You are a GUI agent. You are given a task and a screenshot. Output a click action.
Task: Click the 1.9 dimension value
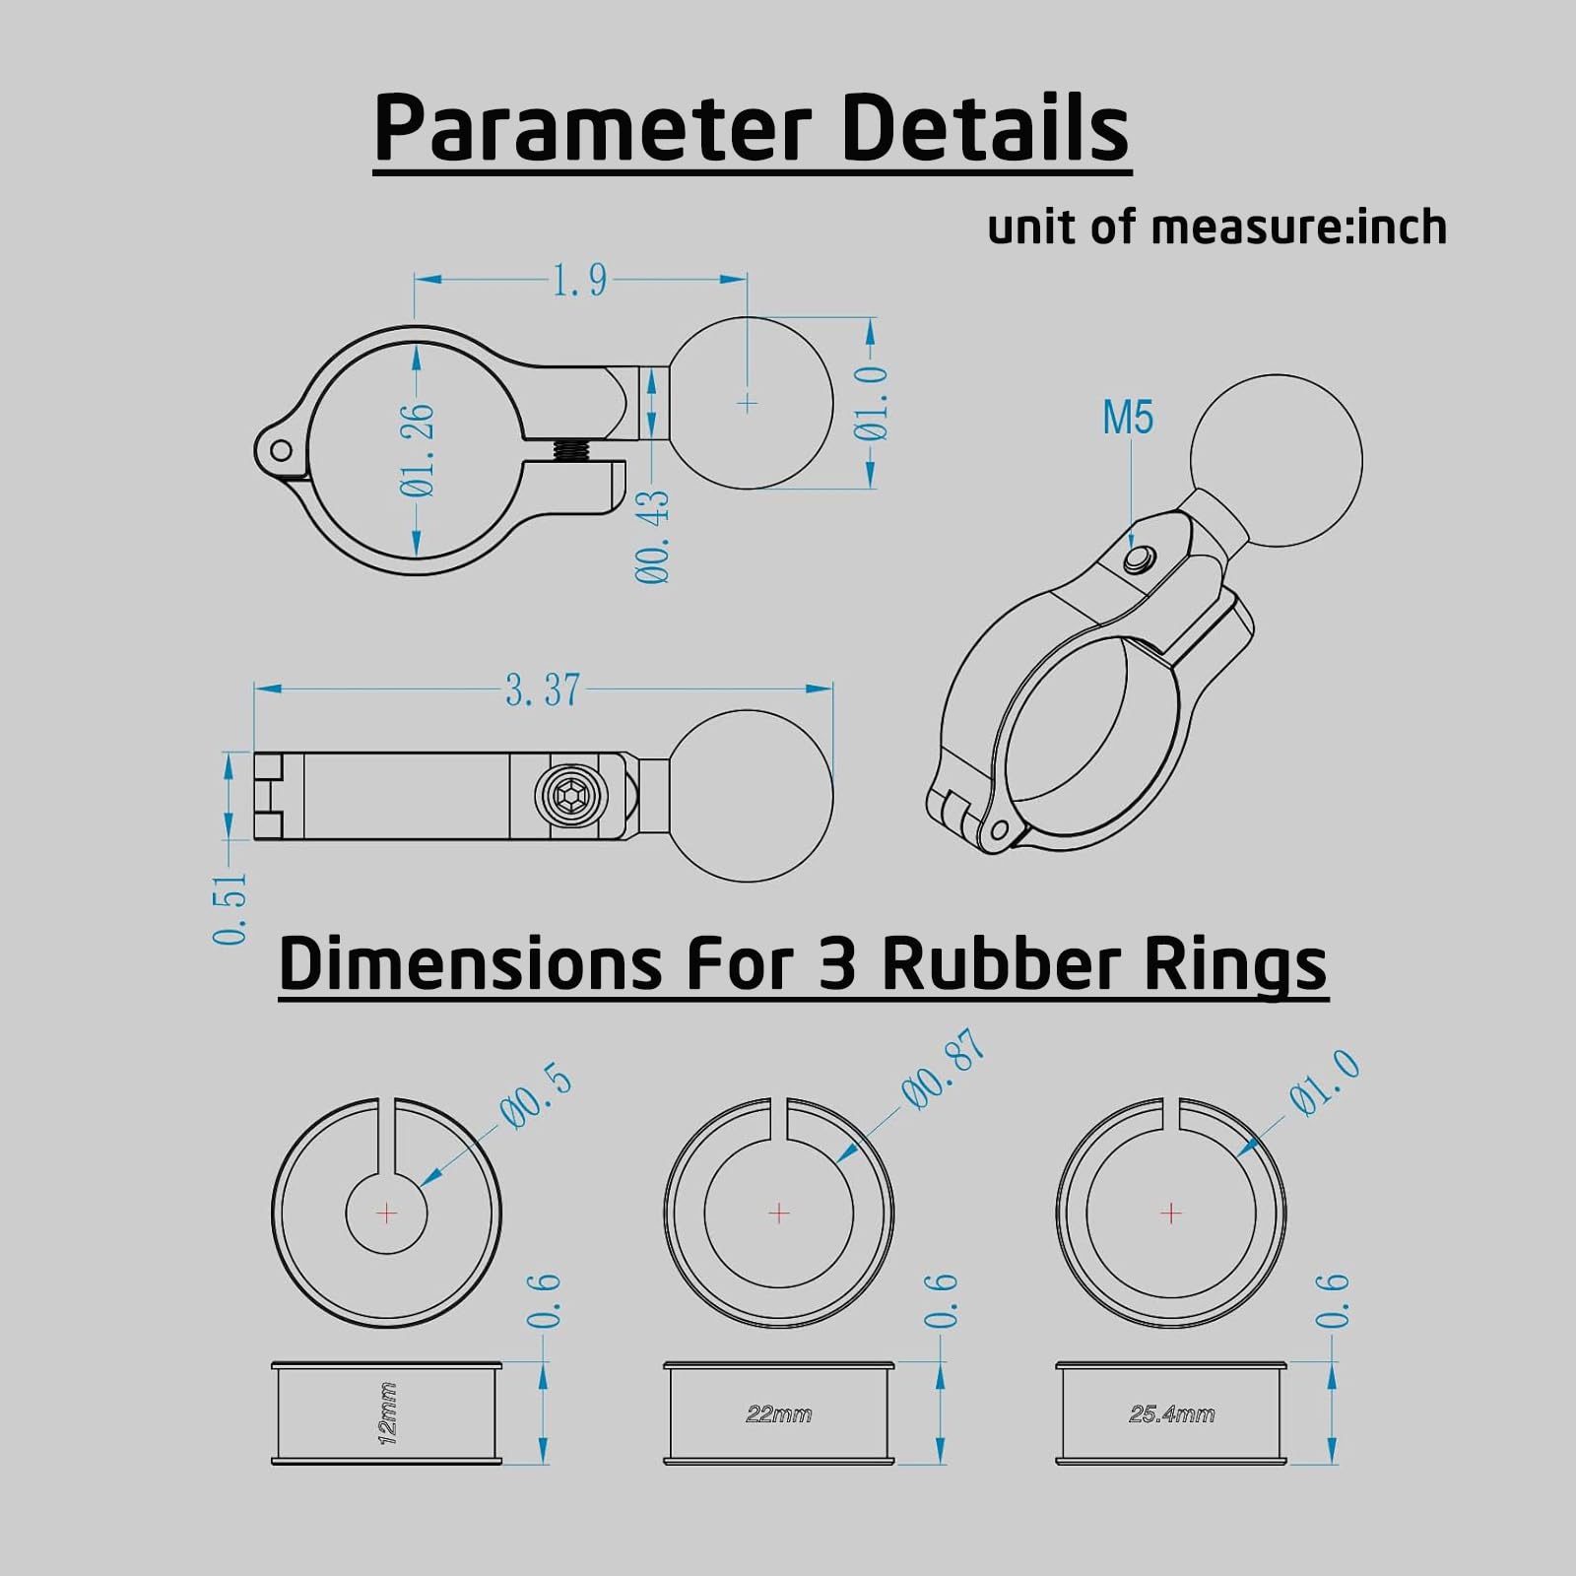[x=579, y=282]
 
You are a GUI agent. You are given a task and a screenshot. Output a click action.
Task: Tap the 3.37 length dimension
[x=543, y=689]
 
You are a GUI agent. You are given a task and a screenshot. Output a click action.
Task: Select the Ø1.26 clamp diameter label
[x=418, y=449]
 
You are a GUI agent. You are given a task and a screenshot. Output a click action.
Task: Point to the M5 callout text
[x=1127, y=418]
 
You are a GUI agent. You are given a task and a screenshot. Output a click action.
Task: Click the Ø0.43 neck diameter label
[x=653, y=537]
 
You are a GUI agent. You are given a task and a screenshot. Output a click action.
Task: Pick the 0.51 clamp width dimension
[x=230, y=908]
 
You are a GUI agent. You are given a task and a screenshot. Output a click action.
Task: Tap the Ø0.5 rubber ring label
[x=536, y=1097]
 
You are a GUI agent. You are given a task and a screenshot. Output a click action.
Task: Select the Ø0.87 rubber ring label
[x=943, y=1070]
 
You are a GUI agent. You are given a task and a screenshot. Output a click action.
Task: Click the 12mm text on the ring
[x=387, y=1413]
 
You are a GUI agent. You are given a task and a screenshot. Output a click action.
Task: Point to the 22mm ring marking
[x=778, y=1414]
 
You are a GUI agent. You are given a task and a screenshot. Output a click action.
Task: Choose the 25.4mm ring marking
[x=1171, y=1414]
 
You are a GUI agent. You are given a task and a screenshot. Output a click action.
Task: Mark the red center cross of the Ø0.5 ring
[x=387, y=1213]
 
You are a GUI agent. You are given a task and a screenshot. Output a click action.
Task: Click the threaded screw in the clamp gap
[x=570, y=451]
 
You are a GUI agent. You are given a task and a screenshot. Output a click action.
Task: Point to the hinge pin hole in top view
[x=281, y=451]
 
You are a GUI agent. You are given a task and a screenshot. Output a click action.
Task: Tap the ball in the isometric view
[x=1276, y=460]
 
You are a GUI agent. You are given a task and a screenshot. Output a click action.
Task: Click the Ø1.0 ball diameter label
[x=873, y=404]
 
